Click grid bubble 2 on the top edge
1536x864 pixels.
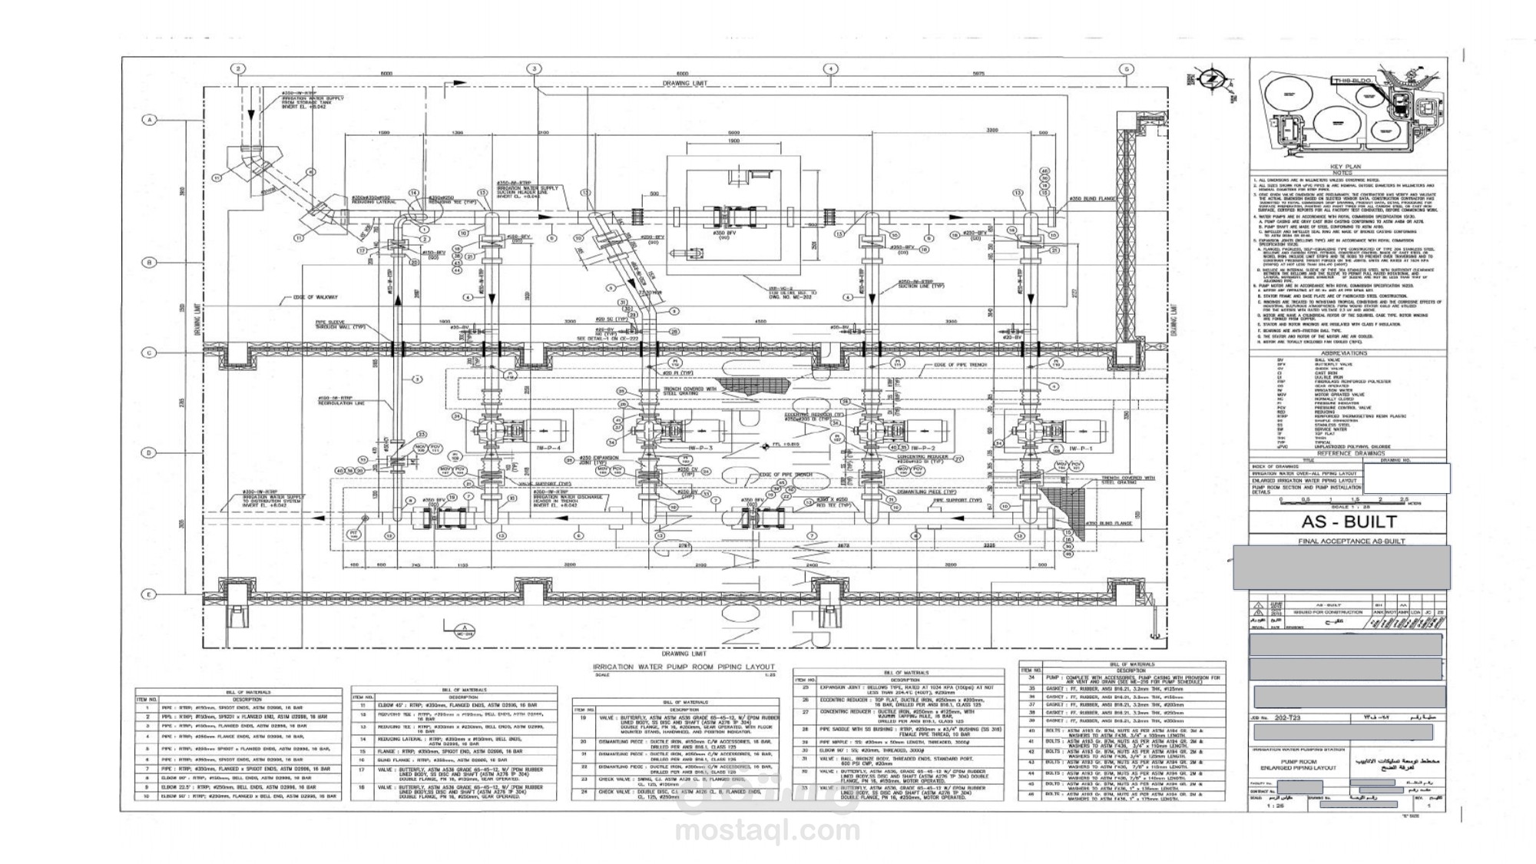point(238,68)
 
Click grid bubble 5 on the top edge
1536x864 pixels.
point(1126,69)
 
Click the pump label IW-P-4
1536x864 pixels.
point(550,448)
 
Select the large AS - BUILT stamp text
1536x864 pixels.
point(1349,522)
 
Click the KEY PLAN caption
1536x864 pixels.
point(1345,167)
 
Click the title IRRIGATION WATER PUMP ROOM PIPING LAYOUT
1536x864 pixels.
point(684,667)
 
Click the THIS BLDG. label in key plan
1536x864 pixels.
point(1353,80)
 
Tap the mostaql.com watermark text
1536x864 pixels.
point(767,830)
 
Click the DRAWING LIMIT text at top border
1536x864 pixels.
point(684,83)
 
